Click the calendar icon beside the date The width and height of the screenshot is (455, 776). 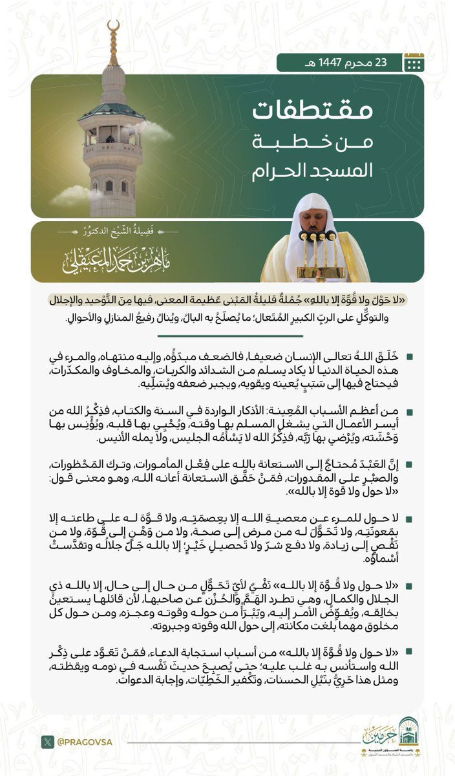413,62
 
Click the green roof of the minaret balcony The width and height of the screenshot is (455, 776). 112,110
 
